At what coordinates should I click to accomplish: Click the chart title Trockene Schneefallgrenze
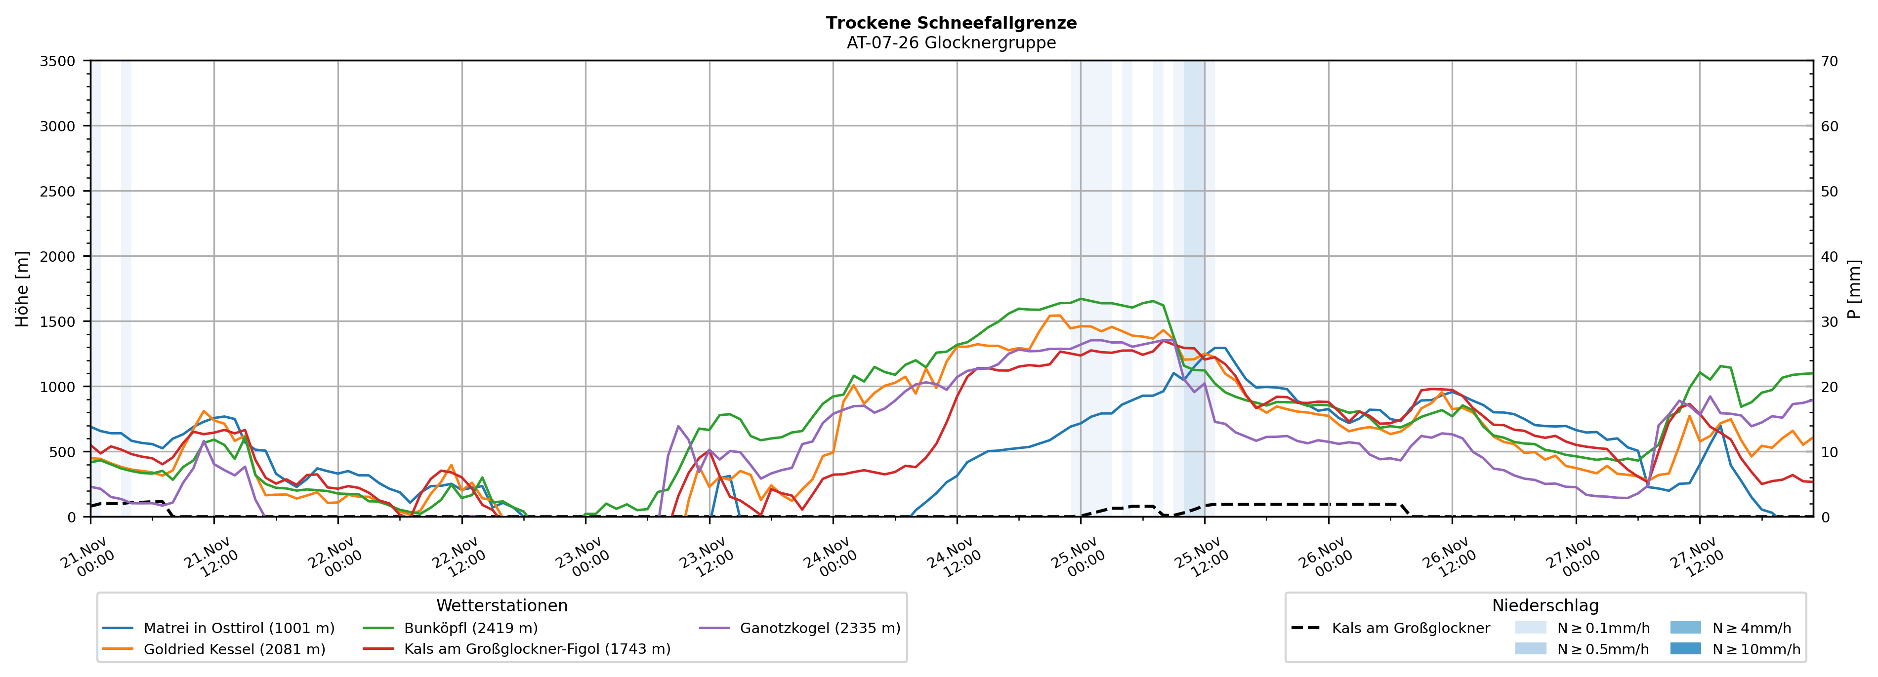pos(951,23)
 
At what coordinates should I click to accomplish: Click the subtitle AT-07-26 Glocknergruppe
pos(951,43)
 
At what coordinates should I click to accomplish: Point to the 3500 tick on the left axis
pos(58,61)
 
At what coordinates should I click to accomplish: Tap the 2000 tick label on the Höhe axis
pos(58,256)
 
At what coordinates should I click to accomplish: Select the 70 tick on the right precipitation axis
pos(1829,61)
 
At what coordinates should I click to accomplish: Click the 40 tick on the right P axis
pos(1829,256)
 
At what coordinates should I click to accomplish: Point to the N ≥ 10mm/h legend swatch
pos(1685,648)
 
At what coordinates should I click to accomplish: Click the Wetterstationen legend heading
pos(501,605)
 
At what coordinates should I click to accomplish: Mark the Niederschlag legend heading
pos(1545,605)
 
